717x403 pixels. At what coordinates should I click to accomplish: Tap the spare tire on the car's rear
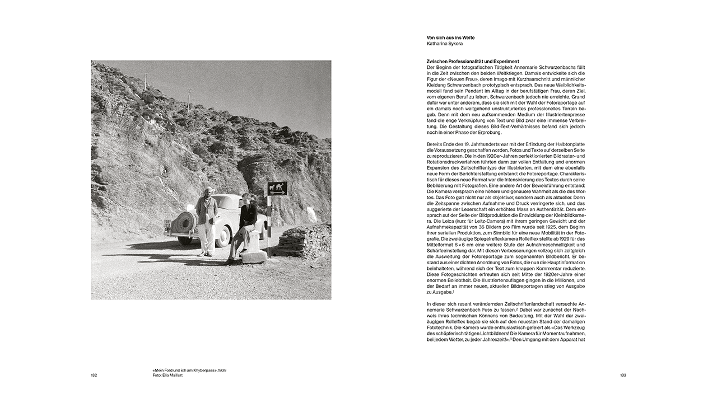(x=185, y=222)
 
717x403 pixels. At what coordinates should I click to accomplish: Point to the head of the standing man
(x=207, y=191)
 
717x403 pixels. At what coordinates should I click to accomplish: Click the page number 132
(x=94, y=375)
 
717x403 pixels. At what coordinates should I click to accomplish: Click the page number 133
(x=623, y=375)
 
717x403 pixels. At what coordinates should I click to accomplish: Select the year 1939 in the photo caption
(x=222, y=371)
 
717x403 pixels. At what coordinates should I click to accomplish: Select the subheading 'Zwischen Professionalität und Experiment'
(x=473, y=62)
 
